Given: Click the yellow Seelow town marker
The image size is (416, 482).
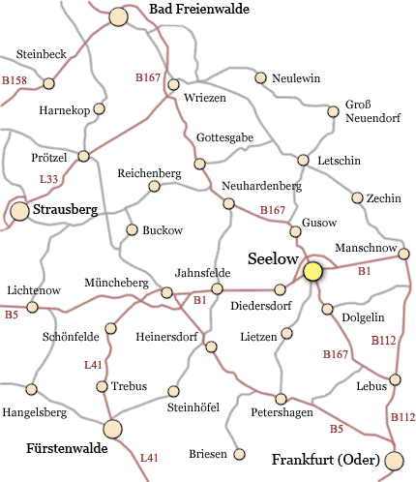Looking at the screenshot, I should [x=312, y=272].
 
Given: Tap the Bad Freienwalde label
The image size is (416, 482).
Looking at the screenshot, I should [x=199, y=10].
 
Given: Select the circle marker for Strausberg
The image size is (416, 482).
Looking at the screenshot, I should [x=19, y=211].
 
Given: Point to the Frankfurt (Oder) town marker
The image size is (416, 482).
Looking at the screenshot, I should [x=394, y=460].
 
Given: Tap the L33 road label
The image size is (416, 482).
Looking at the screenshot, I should [x=48, y=179].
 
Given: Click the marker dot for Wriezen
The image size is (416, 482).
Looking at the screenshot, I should [x=174, y=85].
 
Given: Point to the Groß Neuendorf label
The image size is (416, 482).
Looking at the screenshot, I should [x=372, y=112].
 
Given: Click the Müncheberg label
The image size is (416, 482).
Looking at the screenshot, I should [x=116, y=283].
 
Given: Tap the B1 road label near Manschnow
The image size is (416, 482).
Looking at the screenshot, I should [x=365, y=273].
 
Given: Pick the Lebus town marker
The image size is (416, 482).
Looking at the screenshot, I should [x=394, y=379].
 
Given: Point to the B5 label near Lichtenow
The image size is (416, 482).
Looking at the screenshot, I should [x=12, y=315].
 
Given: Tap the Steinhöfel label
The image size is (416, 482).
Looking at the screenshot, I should [x=194, y=408].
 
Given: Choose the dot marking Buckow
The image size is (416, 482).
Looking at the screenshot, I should [x=133, y=230].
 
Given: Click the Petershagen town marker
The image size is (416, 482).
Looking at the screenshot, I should [x=282, y=399].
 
